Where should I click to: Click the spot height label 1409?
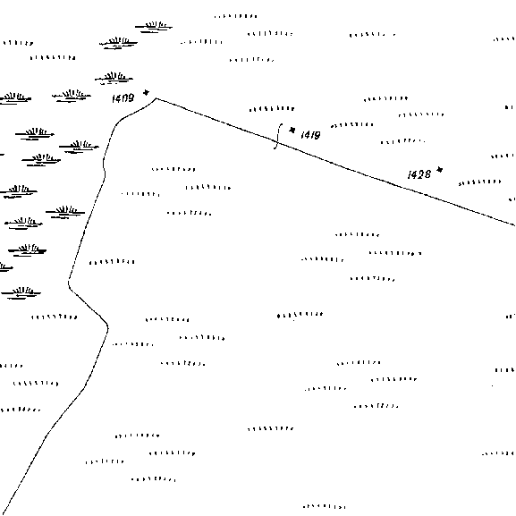tap(123, 98)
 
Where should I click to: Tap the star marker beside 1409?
tap(146, 92)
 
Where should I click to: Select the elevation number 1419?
tap(310, 135)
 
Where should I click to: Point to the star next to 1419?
tap(292, 130)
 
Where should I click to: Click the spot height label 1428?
tap(419, 174)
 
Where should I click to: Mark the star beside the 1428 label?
tap(440, 170)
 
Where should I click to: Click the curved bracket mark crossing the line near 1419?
tap(278, 136)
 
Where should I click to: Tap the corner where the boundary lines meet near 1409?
tap(156, 98)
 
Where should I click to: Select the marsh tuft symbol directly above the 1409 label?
tap(114, 78)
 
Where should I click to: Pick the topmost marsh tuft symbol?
tap(154, 27)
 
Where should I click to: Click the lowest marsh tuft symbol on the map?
tap(21, 292)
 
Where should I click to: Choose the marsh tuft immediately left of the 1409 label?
tap(72, 96)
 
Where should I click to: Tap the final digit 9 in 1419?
tap(317, 135)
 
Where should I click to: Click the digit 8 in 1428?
tap(427, 174)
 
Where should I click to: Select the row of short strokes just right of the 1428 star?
tap(480, 182)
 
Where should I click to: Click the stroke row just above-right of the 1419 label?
tap(352, 125)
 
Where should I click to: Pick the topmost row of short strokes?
tap(235, 16)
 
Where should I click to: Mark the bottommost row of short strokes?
tap(324, 506)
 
